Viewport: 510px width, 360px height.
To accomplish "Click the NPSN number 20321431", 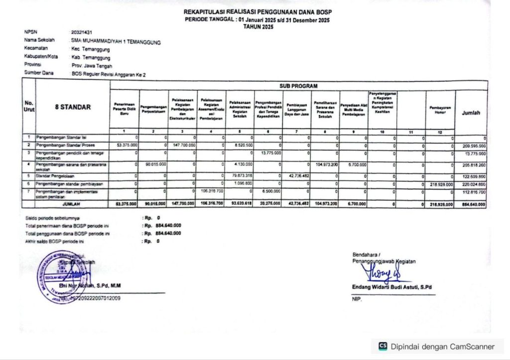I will point(82,32).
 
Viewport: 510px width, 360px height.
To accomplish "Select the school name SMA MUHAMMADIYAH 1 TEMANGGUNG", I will point(116,42).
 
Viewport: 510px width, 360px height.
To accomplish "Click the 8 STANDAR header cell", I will point(73,107).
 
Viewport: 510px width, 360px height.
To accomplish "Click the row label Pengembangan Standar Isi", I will point(59,136).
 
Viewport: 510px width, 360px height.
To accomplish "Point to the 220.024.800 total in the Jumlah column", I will point(473,184).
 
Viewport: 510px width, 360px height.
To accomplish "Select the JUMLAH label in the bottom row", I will point(72,204).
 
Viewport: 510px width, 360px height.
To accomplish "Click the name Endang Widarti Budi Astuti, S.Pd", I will point(391,287).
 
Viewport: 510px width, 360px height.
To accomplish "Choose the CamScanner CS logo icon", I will point(383,346).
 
